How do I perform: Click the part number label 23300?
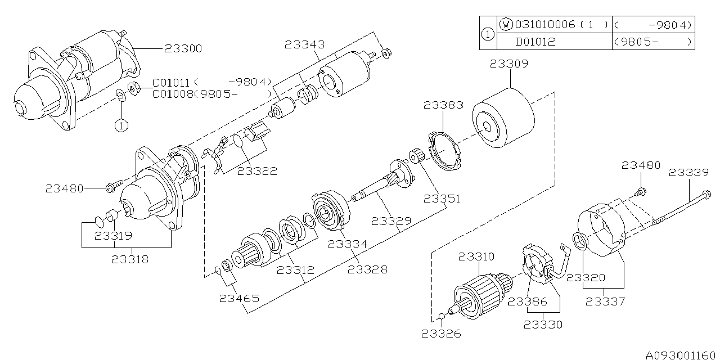[183, 49]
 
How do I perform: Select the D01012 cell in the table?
[535, 42]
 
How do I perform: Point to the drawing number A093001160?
[681, 354]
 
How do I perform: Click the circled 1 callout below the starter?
[122, 125]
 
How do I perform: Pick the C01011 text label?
[171, 82]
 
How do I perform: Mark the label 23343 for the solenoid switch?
[304, 43]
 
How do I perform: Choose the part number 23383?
[444, 105]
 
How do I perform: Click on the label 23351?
[442, 199]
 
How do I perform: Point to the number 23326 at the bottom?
[441, 334]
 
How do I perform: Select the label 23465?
[239, 298]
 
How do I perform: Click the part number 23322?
[257, 171]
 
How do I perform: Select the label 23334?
[348, 244]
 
